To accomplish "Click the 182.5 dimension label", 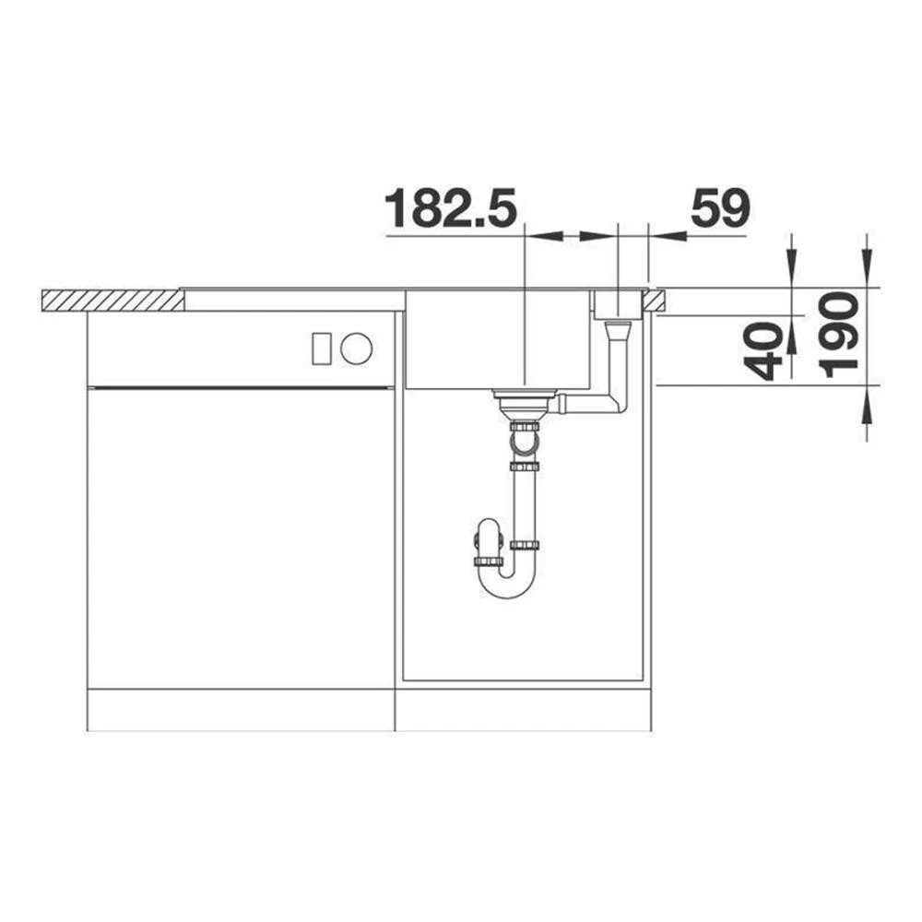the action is (451, 208).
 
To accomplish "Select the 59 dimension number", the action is (720, 208).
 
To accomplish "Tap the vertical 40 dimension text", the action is (762, 351).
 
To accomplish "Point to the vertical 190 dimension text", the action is (839, 336).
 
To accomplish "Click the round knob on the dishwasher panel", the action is (356, 349).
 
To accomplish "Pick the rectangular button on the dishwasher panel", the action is (321, 349).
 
